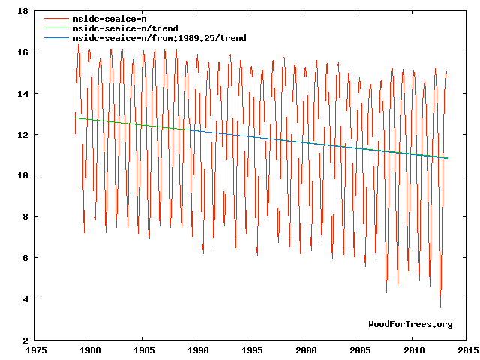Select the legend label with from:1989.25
pos(158,37)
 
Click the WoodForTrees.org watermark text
pos(410,324)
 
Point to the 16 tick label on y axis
pos(23,52)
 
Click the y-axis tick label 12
pos(23,135)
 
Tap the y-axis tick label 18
pos(23,12)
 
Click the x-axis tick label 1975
pos(36,350)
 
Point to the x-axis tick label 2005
pos(361,350)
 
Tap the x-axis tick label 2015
pos(468,350)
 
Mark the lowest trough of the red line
pos(440,307)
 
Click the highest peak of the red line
pos(79,43)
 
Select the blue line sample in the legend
pos(56,37)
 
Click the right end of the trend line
pos(447,158)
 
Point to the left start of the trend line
pos(76,118)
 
